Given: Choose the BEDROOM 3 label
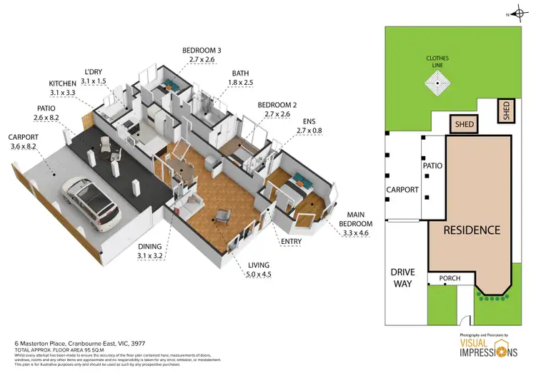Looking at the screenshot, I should tap(203, 55).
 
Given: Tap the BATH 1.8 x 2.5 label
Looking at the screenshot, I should tap(239, 78).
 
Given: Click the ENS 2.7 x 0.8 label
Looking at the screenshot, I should tap(310, 127).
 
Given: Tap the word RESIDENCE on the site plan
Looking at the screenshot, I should tap(471, 230).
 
